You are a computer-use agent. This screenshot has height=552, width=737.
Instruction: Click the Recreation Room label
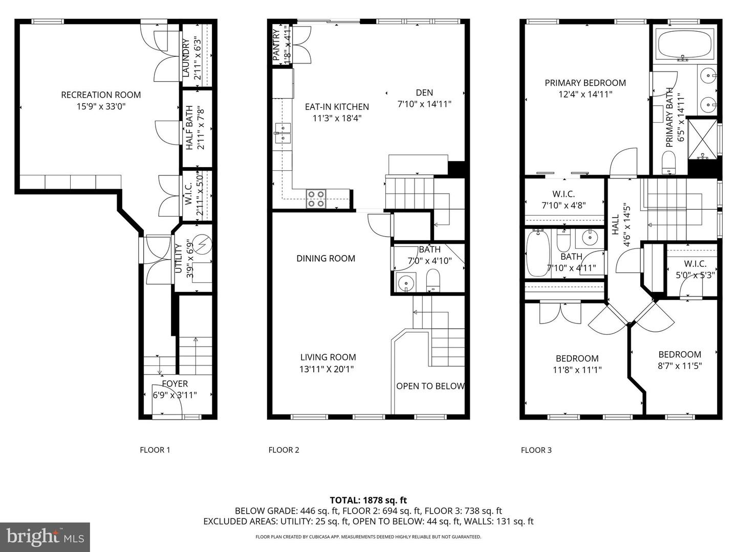[x=101, y=95]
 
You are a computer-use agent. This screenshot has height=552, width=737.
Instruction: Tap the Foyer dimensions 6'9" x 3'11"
[x=175, y=395]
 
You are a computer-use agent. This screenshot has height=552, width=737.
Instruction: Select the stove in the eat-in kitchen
[x=316, y=198]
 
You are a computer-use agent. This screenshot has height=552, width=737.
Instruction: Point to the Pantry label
[x=277, y=45]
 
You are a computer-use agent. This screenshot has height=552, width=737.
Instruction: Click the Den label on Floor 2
[x=424, y=93]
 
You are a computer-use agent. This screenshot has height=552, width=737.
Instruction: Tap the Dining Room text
[x=326, y=259]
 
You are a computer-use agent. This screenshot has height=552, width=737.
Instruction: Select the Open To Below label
[x=430, y=386]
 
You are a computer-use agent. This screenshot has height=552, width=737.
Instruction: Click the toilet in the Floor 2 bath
[x=433, y=281]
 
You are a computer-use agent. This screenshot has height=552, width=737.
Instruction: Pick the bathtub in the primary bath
[x=684, y=44]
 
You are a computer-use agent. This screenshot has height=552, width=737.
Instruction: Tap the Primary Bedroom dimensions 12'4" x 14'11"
[x=585, y=94]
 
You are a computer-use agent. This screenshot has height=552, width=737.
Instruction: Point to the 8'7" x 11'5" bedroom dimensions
[x=680, y=365]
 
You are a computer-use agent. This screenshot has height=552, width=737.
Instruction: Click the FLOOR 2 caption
[x=284, y=450]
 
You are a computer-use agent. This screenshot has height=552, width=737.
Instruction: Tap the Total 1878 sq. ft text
[x=368, y=500]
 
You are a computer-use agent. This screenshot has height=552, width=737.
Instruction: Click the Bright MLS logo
[x=45, y=537]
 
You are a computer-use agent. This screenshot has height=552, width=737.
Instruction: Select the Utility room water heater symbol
[x=203, y=244]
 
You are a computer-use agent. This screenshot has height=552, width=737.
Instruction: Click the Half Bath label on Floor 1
[x=189, y=128]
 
